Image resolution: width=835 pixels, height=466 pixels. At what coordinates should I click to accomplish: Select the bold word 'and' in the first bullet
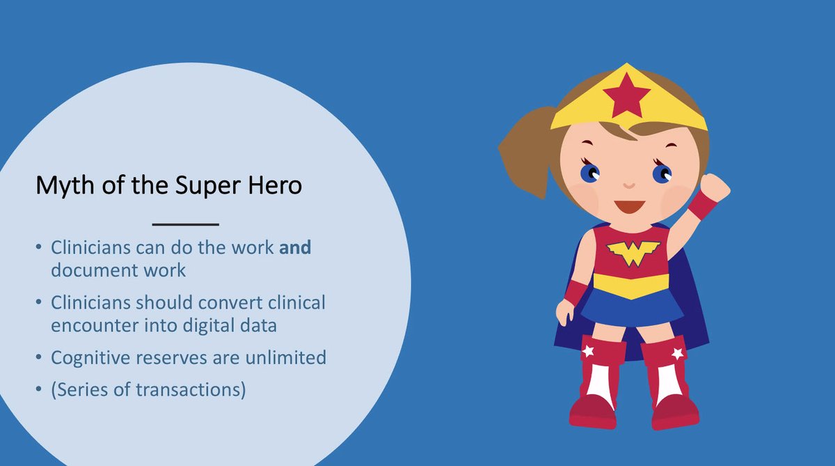pos(295,248)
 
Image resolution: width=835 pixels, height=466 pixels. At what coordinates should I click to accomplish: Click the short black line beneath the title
pos(185,224)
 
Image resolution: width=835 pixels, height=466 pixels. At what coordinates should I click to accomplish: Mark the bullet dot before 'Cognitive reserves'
pos(38,359)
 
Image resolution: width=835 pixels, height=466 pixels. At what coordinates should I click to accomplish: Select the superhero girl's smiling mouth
pos(628,207)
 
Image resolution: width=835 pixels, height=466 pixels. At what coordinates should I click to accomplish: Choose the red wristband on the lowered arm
pos(575,292)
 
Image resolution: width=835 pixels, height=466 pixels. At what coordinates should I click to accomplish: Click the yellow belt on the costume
pos(630,284)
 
